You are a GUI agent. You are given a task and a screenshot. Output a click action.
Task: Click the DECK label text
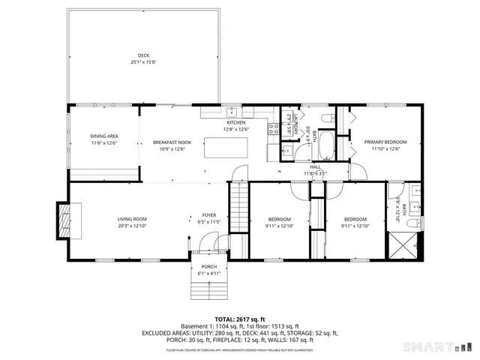coord(142,55)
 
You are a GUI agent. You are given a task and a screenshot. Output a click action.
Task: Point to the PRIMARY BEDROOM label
coord(385,142)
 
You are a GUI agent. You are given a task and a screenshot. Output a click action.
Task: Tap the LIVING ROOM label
coord(131,219)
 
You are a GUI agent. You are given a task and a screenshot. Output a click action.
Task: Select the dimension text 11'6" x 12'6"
coord(104,142)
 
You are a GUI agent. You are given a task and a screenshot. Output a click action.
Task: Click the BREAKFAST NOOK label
coord(171,142)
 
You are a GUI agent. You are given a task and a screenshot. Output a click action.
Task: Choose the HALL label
coord(315,166)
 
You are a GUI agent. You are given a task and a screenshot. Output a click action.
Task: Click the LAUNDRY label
coord(296,121)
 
